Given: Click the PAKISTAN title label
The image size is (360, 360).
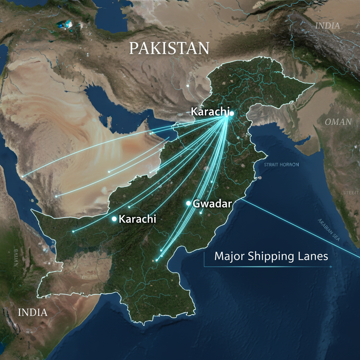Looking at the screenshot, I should tap(169, 48).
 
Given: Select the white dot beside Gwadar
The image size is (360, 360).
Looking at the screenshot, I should tap(188, 203).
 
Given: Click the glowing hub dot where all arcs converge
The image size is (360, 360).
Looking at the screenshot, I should tap(231, 113).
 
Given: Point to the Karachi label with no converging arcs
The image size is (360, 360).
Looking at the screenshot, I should tap(137, 219).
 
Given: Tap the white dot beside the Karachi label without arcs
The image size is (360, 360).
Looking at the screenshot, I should tap(114, 219).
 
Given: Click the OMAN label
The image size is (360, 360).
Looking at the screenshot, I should tap(338, 122).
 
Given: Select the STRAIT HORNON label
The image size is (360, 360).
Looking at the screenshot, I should tap(281, 165).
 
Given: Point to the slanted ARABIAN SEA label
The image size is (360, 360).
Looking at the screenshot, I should tap(329, 230).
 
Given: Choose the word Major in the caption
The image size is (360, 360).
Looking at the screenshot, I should tap(230, 256).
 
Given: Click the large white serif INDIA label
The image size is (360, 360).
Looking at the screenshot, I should tap(32, 312).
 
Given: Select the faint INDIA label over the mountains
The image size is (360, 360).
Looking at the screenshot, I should tap(328, 26).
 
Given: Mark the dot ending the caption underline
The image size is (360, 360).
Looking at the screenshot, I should tap(331, 267).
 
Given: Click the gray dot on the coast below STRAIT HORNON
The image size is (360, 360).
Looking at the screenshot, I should tap(260, 178).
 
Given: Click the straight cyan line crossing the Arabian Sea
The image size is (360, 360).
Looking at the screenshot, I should tap(299, 225).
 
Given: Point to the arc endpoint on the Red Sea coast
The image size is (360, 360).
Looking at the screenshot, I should tap(22, 176).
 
